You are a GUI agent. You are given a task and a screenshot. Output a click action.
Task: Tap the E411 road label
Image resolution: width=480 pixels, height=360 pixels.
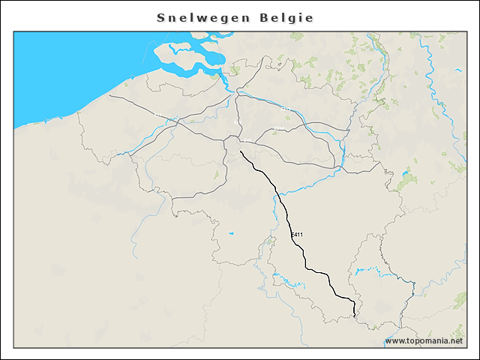click(x=297, y=235)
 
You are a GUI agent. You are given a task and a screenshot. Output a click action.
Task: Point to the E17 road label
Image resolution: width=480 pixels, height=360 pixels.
click(x=157, y=115)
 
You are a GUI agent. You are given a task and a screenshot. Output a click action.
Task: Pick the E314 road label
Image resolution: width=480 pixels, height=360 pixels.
click(x=279, y=129)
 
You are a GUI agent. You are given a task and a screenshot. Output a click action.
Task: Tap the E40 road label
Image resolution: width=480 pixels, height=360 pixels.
click(x=247, y=140)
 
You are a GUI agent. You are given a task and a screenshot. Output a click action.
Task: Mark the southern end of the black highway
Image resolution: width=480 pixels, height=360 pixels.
click(x=354, y=316)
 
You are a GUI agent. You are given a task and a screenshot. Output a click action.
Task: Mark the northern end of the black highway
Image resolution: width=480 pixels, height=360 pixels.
click(x=240, y=152)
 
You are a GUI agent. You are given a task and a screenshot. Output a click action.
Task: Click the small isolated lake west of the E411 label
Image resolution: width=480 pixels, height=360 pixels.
click(x=231, y=233)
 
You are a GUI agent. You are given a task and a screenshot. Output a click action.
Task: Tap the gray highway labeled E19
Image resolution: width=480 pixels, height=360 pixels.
click(x=235, y=112)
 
